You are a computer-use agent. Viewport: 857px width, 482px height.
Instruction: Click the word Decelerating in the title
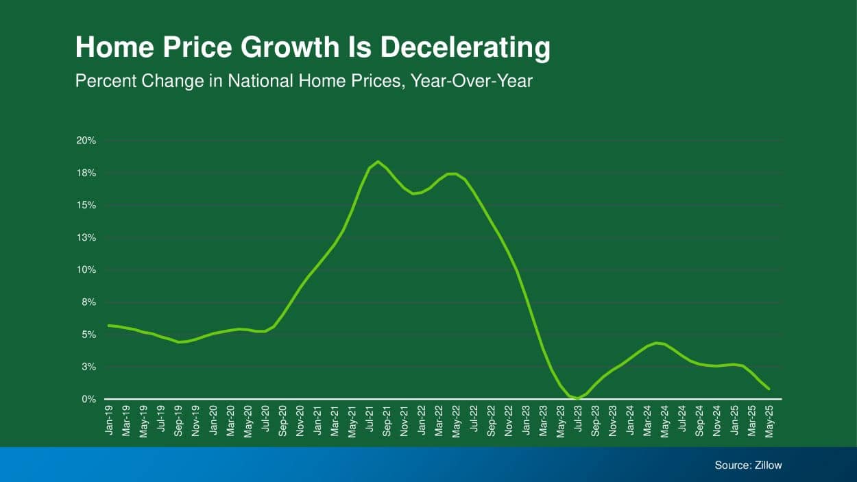(x=466, y=48)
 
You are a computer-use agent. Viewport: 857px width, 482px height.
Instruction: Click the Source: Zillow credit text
(x=748, y=465)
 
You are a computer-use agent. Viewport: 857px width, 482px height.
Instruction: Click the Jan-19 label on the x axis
(x=110, y=420)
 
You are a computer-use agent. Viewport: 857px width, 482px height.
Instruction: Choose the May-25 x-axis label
(x=769, y=420)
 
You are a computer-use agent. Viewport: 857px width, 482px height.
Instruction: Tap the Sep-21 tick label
(x=387, y=420)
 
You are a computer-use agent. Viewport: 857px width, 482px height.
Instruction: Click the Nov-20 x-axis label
(x=300, y=420)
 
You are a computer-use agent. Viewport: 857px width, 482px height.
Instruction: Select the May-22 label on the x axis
(x=456, y=420)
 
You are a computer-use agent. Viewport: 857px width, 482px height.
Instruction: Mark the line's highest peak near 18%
(x=378, y=162)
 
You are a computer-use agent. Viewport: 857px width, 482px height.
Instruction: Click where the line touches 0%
(x=578, y=398)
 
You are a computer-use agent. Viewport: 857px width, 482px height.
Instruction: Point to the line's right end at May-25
(x=769, y=389)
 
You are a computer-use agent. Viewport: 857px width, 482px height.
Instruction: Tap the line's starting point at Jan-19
(x=109, y=325)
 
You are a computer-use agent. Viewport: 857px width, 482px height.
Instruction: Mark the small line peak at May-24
(x=657, y=343)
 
